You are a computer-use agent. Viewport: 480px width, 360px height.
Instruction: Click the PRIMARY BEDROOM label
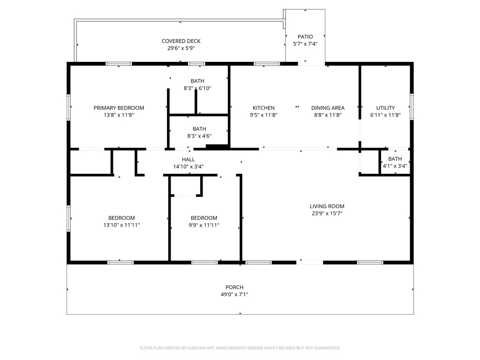119,108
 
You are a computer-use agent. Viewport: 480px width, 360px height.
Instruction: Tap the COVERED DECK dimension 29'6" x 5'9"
181,48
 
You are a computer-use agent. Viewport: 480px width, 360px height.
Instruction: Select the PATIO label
305,37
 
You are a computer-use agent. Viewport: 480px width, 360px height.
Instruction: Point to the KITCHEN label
263,108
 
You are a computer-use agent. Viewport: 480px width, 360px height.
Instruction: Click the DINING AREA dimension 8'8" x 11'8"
328,115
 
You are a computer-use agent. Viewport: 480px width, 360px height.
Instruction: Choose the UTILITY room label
385,108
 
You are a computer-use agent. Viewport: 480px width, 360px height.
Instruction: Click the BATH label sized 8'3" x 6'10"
197,81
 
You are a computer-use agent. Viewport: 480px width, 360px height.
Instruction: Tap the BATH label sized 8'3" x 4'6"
199,129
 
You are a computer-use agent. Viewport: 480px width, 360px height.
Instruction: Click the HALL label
188,159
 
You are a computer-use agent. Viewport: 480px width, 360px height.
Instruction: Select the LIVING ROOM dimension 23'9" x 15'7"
327,213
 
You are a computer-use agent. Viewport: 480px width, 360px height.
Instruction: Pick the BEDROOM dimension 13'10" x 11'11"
121,225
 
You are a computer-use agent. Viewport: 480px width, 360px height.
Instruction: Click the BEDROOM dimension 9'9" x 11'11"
204,225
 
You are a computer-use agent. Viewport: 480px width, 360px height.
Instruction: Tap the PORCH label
234,287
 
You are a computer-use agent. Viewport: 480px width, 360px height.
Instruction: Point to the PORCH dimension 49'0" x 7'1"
234,294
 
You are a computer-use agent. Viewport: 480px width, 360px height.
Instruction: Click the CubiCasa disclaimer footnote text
240,348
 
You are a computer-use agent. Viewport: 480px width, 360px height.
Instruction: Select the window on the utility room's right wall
412,106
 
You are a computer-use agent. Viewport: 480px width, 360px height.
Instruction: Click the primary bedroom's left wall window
68,107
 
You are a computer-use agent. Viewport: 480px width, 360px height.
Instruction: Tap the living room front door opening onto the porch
309,262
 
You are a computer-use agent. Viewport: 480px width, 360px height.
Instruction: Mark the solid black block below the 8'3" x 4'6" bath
217,147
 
